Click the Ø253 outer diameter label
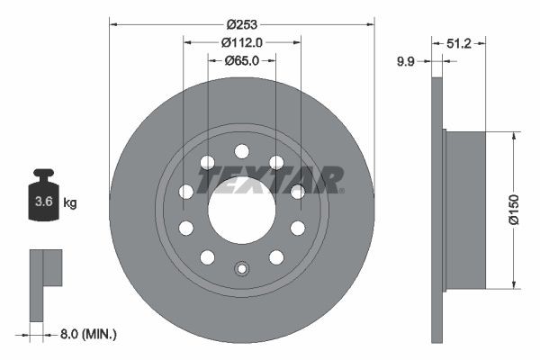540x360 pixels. point(241,22)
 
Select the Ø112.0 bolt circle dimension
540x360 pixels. point(241,42)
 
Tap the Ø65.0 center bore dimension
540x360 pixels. point(240,61)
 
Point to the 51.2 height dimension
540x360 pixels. point(458,41)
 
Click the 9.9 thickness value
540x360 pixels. point(406,61)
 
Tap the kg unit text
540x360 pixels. point(70,203)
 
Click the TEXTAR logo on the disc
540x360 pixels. point(270,180)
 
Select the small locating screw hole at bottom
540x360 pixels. point(241,268)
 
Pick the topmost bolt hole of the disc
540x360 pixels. point(241,151)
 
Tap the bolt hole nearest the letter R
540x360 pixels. point(297,191)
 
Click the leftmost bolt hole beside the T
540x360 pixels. point(186,191)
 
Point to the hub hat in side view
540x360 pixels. point(464,211)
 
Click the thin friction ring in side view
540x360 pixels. point(438,211)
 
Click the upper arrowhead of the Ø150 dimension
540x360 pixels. point(514,135)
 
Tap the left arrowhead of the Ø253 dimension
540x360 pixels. point(113,22)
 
